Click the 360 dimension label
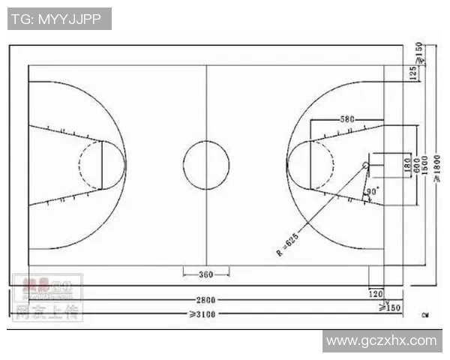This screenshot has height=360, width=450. pyautogui.click(x=206, y=274)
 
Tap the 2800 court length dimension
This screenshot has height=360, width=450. pyautogui.click(x=206, y=299)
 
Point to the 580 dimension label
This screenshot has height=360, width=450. pyautogui.click(x=346, y=119)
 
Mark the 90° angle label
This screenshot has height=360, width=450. pyautogui.click(x=372, y=192)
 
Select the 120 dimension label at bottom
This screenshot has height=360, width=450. pyautogui.click(x=376, y=295)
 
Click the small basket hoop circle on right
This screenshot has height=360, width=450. pyautogui.click(x=365, y=165)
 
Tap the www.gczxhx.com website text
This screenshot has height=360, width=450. pyautogui.click(x=381, y=340)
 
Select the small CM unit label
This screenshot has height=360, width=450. pyautogui.click(x=425, y=313)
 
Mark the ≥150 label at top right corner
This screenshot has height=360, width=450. pyautogui.click(x=419, y=52)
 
